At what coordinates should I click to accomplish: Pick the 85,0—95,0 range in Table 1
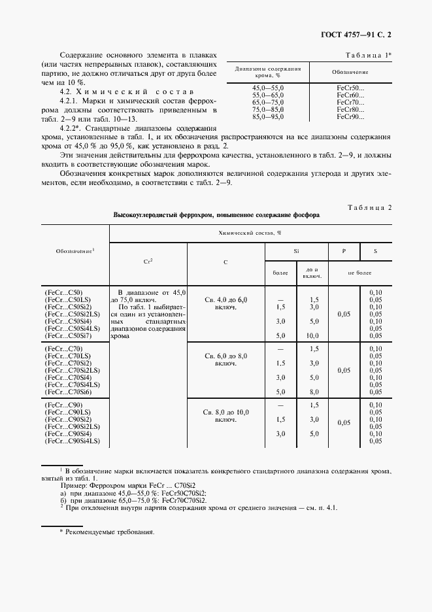(x=250, y=117)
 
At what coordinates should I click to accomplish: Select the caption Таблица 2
(x=369, y=207)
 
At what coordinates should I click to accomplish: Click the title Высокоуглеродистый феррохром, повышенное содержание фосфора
(x=216, y=215)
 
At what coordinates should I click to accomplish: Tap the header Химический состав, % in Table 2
(x=249, y=232)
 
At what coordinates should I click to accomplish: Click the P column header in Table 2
(x=344, y=250)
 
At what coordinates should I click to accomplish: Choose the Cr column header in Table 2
(x=148, y=261)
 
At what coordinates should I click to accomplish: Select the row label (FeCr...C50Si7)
(x=70, y=336)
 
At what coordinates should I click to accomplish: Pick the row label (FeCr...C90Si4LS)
(x=72, y=442)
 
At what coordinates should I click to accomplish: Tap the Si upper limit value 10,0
(x=313, y=336)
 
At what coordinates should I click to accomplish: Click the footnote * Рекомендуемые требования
(x=107, y=532)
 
